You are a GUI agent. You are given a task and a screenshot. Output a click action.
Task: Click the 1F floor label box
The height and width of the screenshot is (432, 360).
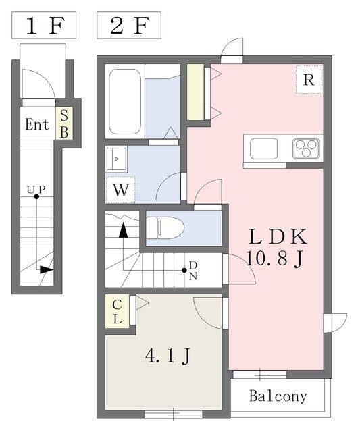[44, 26]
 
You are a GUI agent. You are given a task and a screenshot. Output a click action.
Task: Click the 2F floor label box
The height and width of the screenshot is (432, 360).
[130, 26]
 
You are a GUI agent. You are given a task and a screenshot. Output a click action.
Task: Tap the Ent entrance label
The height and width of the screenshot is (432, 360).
[37, 125]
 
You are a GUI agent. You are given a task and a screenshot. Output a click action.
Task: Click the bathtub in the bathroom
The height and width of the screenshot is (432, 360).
[124, 101]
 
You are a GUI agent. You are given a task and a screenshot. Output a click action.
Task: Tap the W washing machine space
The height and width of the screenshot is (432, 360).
[120, 189]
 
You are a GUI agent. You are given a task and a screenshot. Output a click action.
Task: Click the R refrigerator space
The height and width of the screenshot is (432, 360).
[308, 80]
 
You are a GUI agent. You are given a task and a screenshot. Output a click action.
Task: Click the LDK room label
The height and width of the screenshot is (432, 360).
[278, 238]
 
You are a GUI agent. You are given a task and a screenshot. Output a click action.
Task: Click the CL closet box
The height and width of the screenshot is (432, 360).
[117, 311]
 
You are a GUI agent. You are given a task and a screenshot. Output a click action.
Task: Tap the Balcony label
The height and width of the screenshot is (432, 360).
[278, 396]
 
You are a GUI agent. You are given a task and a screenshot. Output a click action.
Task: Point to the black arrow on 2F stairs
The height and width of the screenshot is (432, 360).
[124, 230]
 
